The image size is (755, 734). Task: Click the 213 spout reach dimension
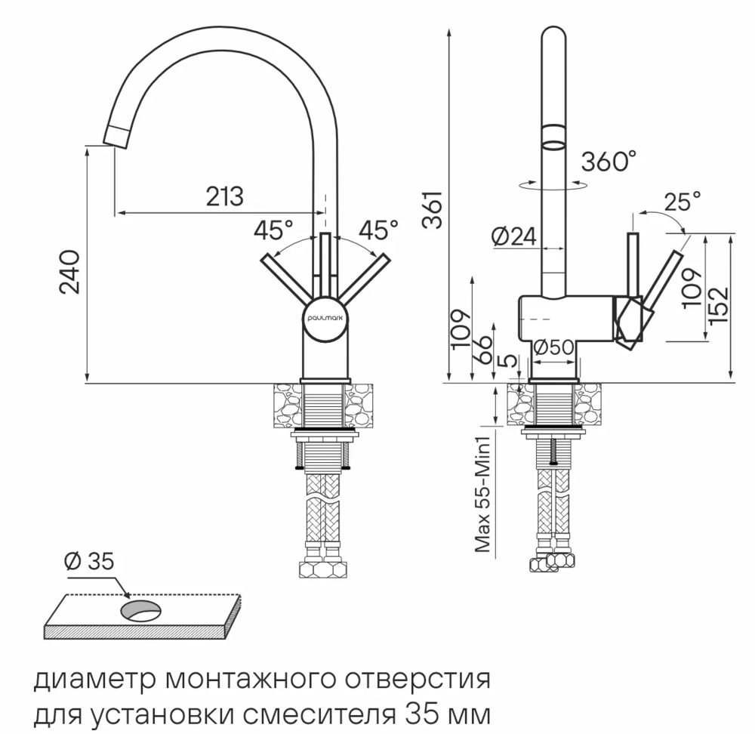[x=224, y=196]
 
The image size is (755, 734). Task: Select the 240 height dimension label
[x=69, y=272]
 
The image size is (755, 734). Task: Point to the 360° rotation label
[x=609, y=161]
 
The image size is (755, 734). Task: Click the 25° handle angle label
[x=682, y=201]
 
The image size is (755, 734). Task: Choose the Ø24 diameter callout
[x=513, y=237]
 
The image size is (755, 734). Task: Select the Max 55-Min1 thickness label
[x=483, y=490]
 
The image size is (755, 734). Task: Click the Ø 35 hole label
[x=88, y=561]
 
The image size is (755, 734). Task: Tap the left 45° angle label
[x=273, y=228]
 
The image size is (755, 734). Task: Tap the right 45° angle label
[x=378, y=228]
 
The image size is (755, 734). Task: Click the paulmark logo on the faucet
[x=325, y=319]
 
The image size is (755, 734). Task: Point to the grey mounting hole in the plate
[x=140, y=610]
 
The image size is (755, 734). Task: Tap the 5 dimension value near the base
[x=512, y=360]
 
